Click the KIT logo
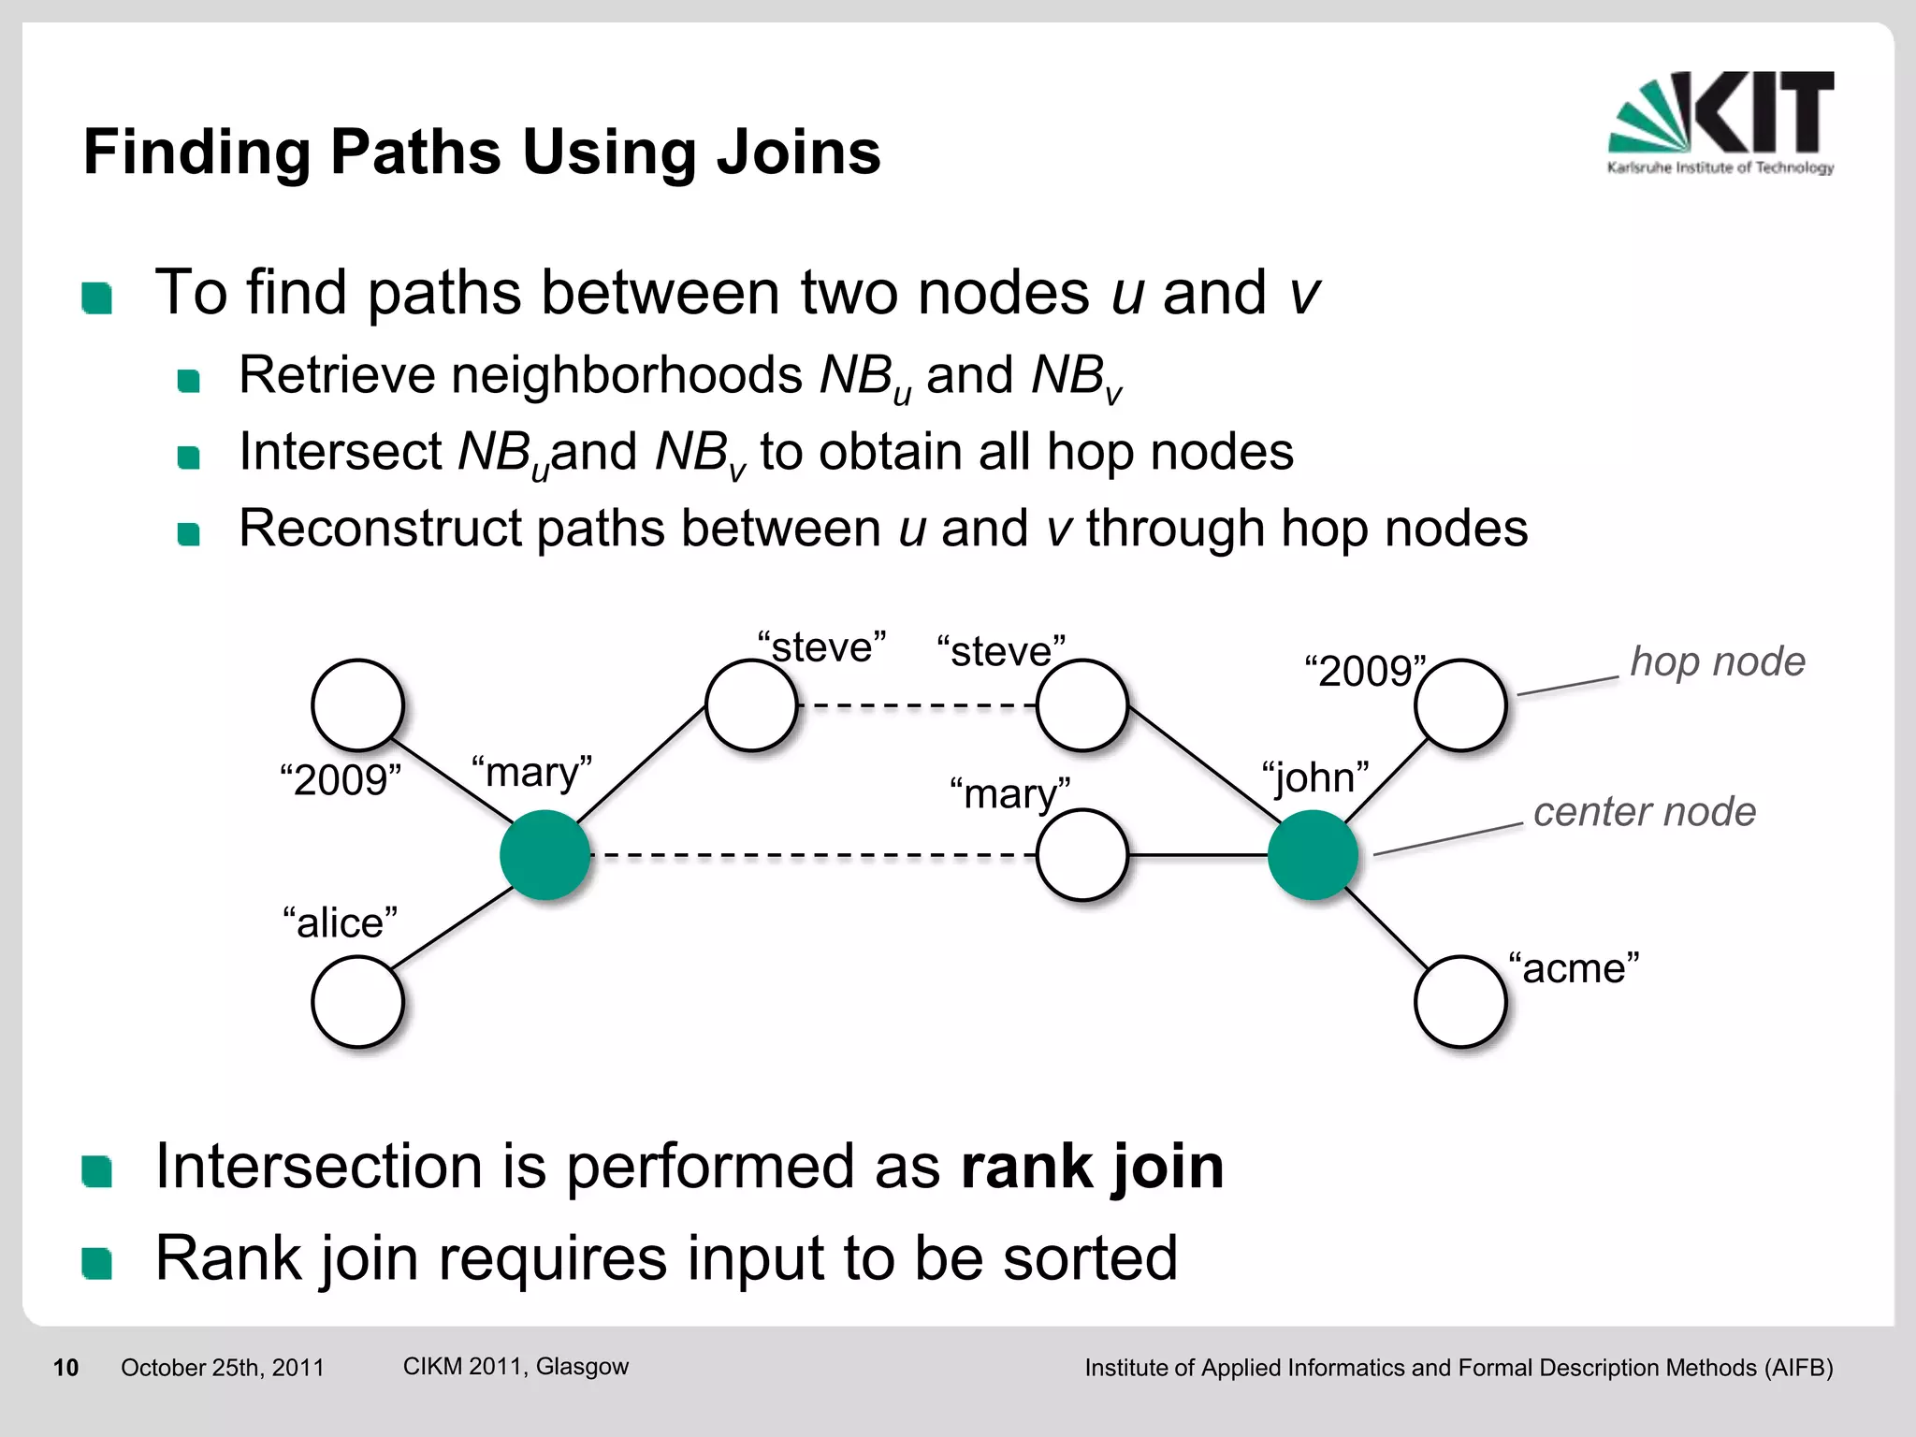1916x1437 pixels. tap(1721, 122)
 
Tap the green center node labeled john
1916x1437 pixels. tap(1313, 855)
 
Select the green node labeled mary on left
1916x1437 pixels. tap(544, 855)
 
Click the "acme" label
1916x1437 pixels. tap(1574, 968)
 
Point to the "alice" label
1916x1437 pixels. tap(340, 922)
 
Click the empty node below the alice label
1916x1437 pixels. tap(357, 1001)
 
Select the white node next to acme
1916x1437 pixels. tap(1459, 1001)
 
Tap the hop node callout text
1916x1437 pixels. tap(1718, 661)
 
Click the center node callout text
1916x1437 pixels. tap(1645, 811)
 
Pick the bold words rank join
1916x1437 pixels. tap(1092, 1167)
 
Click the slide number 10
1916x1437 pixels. tap(65, 1368)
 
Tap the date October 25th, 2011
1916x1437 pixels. tap(223, 1368)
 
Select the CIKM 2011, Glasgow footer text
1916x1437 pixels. tap(515, 1366)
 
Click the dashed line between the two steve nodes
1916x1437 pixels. tap(917, 705)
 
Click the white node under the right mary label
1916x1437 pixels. tap(1081, 855)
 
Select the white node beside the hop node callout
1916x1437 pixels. tap(1459, 705)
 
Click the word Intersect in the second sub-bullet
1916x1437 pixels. tap(340, 452)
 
